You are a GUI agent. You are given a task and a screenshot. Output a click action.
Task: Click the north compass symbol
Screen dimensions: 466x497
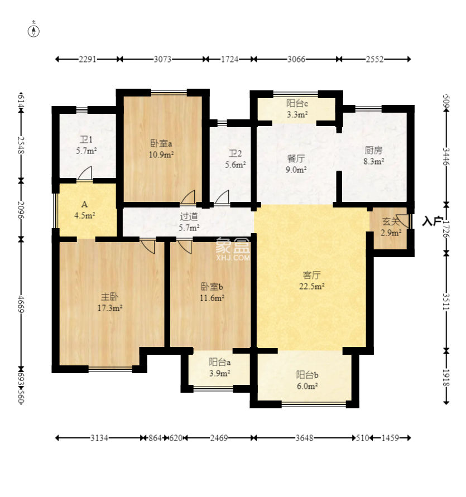click(33, 31)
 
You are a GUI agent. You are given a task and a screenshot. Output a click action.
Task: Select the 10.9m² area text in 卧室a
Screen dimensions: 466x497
click(161, 155)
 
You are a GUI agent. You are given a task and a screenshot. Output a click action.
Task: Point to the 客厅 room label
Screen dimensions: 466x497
click(311, 275)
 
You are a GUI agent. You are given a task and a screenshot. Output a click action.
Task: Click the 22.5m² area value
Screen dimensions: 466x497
click(311, 286)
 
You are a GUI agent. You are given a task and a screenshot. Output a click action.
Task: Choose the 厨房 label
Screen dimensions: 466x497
click(373, 150)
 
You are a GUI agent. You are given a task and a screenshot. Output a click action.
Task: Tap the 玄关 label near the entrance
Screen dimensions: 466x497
click(391, 221)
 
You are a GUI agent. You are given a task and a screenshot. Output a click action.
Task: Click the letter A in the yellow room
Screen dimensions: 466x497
click(84, 204)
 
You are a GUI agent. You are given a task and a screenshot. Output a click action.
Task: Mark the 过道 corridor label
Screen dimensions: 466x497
click(189, 216)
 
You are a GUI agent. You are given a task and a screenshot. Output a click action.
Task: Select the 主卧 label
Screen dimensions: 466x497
click(110, 297)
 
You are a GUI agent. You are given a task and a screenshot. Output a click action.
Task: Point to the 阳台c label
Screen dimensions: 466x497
click(297, 103)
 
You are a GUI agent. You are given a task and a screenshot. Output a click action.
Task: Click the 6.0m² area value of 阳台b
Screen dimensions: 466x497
click(307, 386)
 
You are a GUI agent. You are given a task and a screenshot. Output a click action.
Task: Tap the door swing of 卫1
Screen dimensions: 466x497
click(85, 173)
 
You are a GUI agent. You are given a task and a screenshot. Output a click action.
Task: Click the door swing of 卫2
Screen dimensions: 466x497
click(222, 197)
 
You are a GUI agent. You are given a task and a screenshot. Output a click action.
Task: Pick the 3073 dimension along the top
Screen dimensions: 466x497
click(162, 59)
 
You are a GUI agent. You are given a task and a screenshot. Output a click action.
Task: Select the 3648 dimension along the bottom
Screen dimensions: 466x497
click(304, 438)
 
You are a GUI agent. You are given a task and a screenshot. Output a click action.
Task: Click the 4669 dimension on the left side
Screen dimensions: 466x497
click(21, 304)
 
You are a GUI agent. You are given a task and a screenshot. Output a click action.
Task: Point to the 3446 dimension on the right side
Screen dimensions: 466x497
click(446, 157)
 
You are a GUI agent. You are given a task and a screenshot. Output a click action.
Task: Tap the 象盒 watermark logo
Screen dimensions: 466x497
click(233, 249)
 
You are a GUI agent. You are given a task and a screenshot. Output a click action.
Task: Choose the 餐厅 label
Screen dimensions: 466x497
click(296, 158)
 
